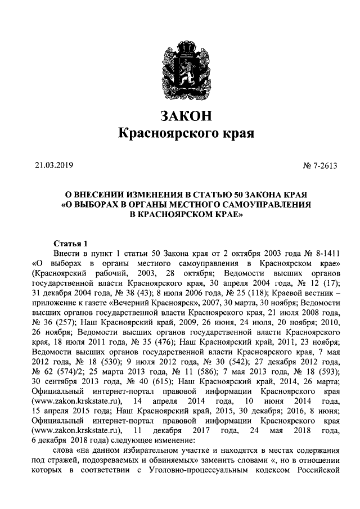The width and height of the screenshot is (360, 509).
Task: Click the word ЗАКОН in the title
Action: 186,116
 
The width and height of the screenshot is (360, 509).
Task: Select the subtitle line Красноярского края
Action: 186,134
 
